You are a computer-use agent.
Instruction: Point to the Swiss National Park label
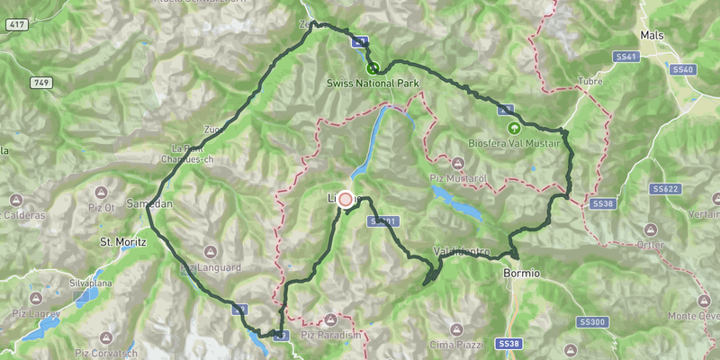373,85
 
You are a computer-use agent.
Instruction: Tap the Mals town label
652,35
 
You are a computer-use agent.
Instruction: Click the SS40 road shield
682,69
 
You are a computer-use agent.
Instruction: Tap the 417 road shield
13,24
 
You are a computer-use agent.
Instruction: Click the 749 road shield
41,84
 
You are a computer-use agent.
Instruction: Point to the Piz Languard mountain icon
210,252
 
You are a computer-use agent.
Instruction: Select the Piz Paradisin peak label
332,335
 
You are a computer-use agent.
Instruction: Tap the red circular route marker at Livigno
346,200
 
